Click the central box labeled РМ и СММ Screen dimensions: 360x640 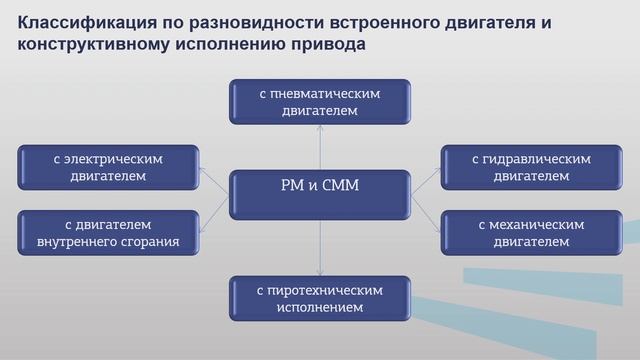(320, 186)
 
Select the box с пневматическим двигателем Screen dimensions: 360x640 (320, 102)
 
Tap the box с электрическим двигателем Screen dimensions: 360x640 (108, 167)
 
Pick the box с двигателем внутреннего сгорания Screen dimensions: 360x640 (108, 232)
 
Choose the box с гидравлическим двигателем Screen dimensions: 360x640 (531, 167)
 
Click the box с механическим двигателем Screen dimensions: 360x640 (531, 232)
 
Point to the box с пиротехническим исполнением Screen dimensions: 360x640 (320, 298)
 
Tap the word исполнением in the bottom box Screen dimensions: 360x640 (320, 307)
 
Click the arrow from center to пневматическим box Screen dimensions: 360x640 (320, 146)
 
